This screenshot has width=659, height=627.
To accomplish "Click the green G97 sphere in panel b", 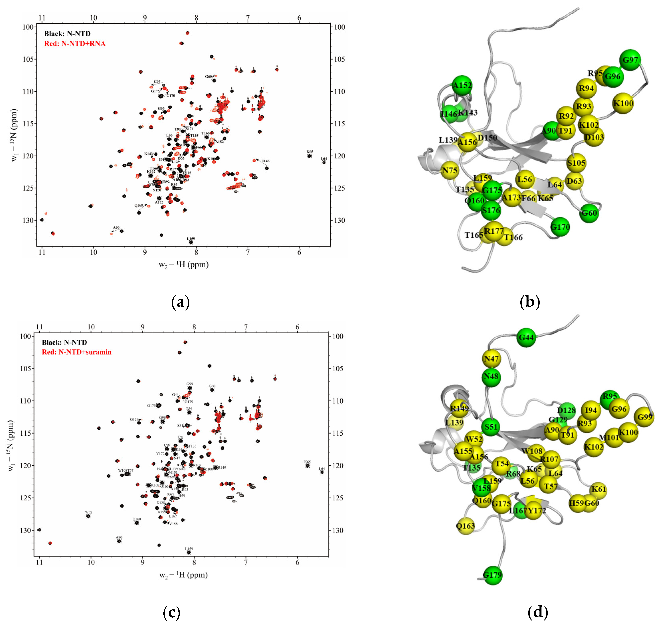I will point(630,60).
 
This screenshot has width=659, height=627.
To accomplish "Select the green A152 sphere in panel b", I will point(462,85).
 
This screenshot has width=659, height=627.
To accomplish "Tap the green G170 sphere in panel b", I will point(560,227).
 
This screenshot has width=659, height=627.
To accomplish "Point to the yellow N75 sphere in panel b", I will point(450,171).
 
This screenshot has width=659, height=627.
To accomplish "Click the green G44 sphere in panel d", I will point(526,338).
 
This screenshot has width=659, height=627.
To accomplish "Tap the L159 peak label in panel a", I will point(191,239).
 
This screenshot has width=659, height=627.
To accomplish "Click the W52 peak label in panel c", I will point(88,512).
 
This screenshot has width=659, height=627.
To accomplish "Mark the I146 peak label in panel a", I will point(266,161).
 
